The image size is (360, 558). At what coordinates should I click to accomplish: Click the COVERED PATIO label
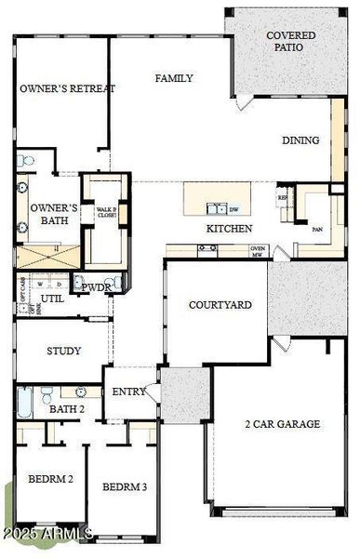(290, 41)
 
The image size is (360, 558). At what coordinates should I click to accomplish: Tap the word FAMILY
(174, 78)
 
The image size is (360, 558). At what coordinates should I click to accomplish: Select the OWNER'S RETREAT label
(67, 88)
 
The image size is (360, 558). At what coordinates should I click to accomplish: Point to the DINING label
(300, 140)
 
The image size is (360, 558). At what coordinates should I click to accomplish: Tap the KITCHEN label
(229, 228)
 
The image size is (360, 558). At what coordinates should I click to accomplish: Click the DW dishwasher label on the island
(234, 209)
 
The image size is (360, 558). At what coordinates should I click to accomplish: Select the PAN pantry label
(317, 229)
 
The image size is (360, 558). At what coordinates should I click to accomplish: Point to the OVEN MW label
(258, 251)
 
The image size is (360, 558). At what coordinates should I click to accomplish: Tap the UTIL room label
(52, 299)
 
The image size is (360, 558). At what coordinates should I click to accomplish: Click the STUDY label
(63, 352)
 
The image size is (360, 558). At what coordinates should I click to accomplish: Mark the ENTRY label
(128, 392)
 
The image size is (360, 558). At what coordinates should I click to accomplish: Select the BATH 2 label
(67, 409)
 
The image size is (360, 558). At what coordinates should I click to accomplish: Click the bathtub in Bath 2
(25, 402)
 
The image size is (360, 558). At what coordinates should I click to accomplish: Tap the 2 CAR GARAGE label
(282, 424)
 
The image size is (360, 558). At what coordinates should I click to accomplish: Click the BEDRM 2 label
(49, 480)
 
